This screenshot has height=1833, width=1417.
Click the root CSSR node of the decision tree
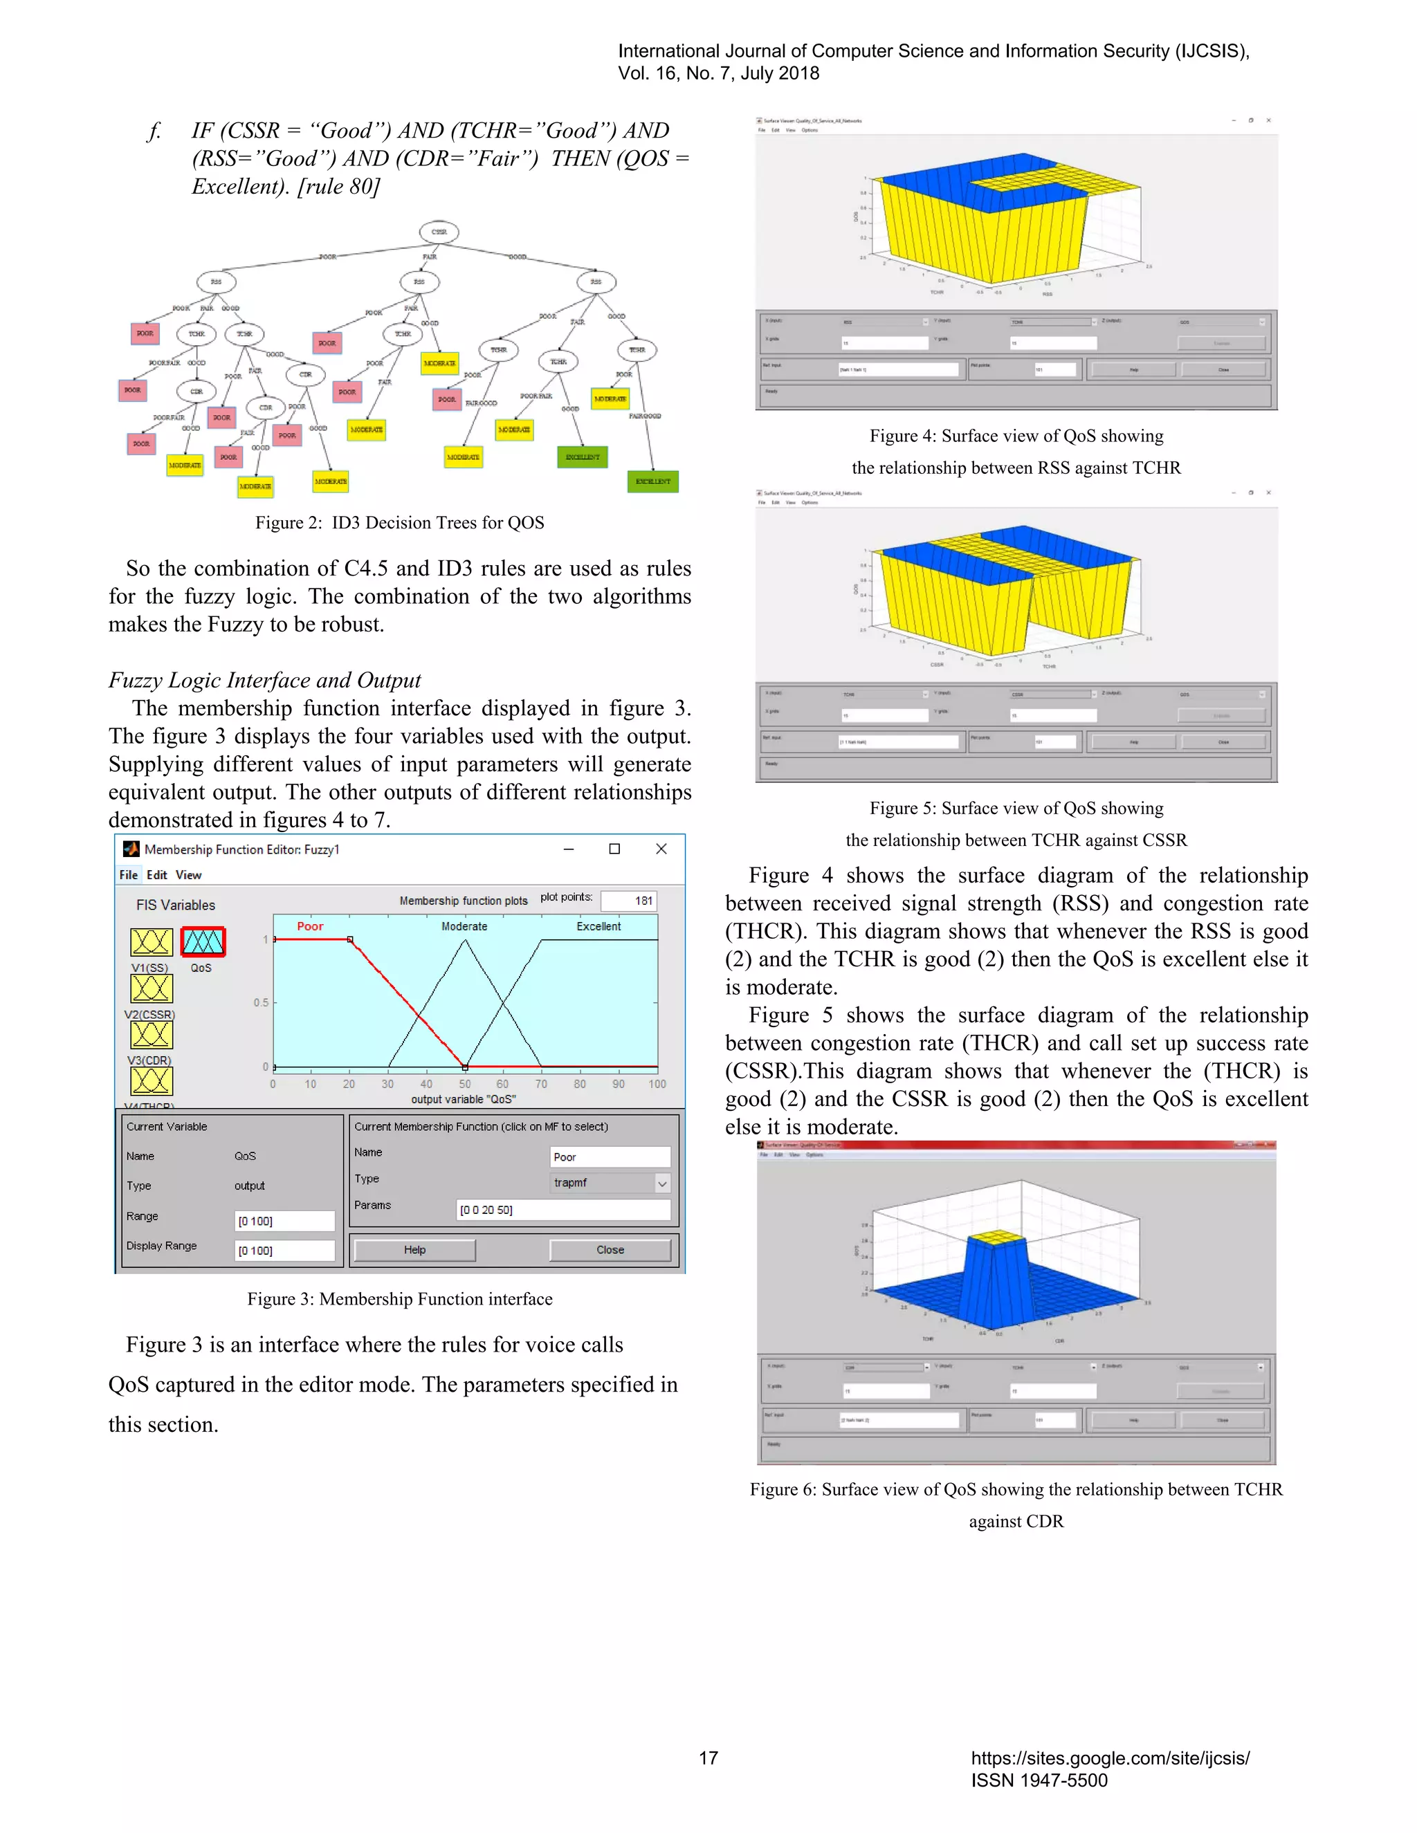(x=439, y=232)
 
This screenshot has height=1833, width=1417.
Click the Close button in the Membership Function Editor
(x=610, y=1250)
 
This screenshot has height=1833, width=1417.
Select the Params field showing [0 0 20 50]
(x=563, y=1209)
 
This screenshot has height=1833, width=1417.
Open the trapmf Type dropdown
(x=661, y=1183)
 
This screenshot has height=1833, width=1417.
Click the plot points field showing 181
(x=629, y=901)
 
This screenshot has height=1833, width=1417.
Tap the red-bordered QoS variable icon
(x=202, y=941)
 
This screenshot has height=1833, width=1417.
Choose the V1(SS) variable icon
(x=151, y=941)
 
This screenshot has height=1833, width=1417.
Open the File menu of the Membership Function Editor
(x=129, y=874)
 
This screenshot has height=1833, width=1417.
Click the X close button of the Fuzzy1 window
(x=661, y=849)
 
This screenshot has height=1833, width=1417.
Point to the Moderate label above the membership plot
(x=464, y=925)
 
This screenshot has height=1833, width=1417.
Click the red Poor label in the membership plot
(x=310, y=925)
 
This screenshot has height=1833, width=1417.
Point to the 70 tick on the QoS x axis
(x=542, y=1083)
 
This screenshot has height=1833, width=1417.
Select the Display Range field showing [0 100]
(x=284, y=1251)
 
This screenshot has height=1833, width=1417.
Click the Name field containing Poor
(x=610, y=1157)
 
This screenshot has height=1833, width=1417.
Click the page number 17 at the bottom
(x=708, y=1758)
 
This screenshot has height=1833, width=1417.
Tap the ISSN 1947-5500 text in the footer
(x=1039, y=1780)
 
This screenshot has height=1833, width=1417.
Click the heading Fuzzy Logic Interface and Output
(x=264, y=680)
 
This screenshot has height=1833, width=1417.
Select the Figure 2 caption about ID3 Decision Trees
(x=400, y=523)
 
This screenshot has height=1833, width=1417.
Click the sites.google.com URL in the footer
(x=1110, y=1758)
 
